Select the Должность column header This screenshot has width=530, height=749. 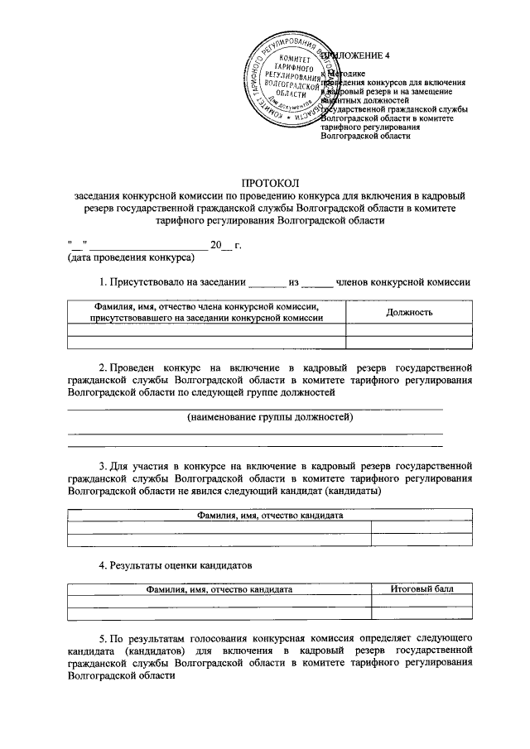coord(409,312)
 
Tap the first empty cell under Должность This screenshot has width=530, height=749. coord(409,329)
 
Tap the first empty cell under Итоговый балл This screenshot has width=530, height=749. coord(422,602)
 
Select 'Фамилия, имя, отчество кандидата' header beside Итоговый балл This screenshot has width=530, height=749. coord(219,589)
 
